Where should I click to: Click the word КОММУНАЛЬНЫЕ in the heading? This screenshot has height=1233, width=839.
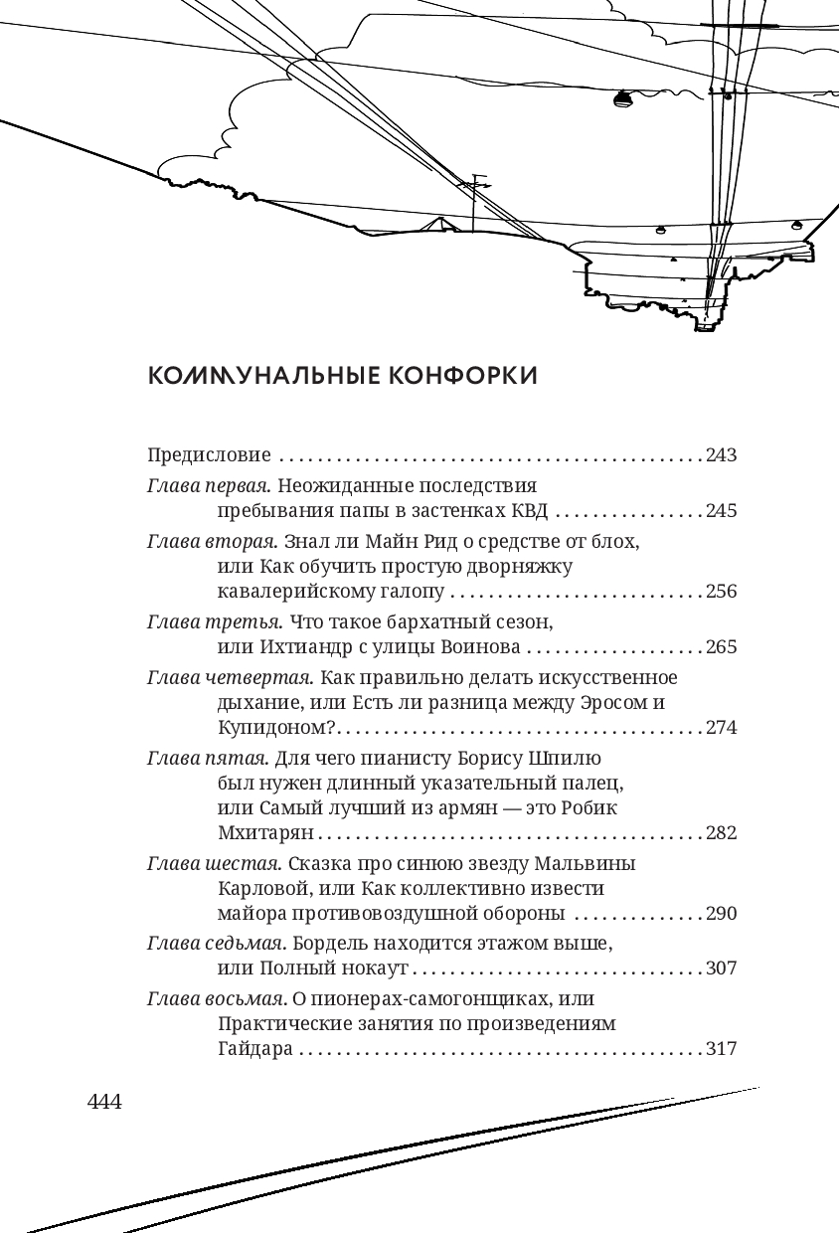coord(262,376)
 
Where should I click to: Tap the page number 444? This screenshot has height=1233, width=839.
coord(104,1102)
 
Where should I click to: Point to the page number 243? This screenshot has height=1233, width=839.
coord(721,455)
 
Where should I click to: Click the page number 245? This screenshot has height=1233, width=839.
coord(721,511)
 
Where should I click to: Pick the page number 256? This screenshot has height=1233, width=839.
coord(721,592)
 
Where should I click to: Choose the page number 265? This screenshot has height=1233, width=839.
coord(721,647)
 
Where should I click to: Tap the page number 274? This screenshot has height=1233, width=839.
coord(721,727)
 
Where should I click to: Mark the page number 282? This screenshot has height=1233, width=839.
coord(721,832)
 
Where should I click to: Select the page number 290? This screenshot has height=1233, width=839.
coord(721,913)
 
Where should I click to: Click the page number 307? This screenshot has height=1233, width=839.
coord(721,968)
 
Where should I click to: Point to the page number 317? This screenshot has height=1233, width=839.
coord(721,1049)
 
